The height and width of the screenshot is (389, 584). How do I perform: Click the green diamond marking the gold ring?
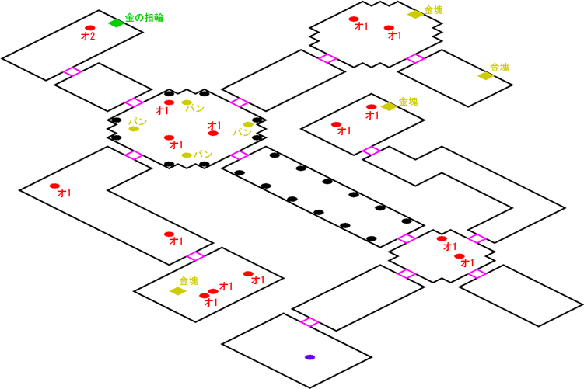116,23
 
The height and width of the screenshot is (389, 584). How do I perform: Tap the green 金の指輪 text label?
144,17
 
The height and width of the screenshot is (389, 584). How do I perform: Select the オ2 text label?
88,36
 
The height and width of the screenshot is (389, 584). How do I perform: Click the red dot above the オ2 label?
89,28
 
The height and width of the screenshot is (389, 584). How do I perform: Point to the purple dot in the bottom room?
309,357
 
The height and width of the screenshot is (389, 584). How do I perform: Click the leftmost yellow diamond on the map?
177,291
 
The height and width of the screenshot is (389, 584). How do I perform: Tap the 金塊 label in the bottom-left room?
188,280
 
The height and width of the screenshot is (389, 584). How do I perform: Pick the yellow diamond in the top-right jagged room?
414,15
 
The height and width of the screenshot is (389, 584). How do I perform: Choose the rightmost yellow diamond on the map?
486,76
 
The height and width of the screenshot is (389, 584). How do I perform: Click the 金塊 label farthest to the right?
499,68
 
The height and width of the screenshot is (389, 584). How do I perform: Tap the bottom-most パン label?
203,154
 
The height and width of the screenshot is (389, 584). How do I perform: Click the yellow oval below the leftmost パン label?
134,129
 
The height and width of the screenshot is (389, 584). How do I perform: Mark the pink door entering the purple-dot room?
309,322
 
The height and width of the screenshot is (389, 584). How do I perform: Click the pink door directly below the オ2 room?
72,72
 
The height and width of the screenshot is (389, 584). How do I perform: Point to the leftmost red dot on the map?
54,186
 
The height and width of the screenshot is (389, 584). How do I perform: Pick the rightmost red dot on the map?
460,256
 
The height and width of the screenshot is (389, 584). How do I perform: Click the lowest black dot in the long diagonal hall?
372,238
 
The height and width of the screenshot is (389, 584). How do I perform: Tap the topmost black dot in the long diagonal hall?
275,155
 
